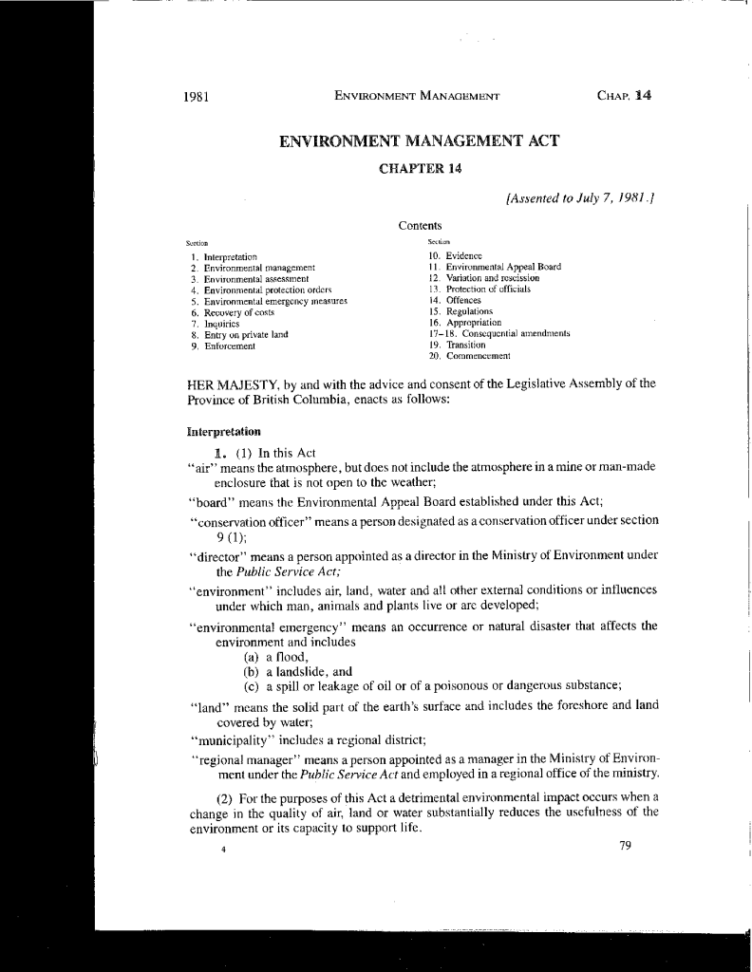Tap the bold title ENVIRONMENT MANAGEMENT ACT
tap(419, 142)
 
